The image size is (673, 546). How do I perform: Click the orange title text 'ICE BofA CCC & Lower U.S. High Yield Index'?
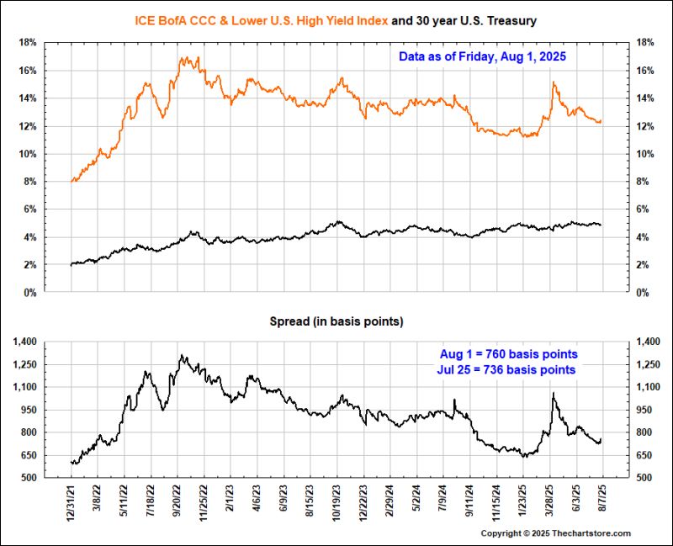(x=262, y=19)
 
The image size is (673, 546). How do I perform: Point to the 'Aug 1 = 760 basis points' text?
(x=509, y=353)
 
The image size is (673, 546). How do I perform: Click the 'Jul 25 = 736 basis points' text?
(x=509, y=369)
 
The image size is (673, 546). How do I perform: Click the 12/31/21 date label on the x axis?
(x=71, y=503)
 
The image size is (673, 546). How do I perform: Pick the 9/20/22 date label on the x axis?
(x=178, y=503)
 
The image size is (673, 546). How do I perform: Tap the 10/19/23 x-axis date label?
(x=338, y=503)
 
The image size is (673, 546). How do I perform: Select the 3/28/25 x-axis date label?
(x=550, y=503)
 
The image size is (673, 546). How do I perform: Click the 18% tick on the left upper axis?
(x=27, y=43)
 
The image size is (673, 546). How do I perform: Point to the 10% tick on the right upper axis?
(x=646, y=154)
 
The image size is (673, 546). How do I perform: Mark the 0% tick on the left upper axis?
(x=29, y=293)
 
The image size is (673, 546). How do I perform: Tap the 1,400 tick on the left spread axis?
(x=24, y=342)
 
